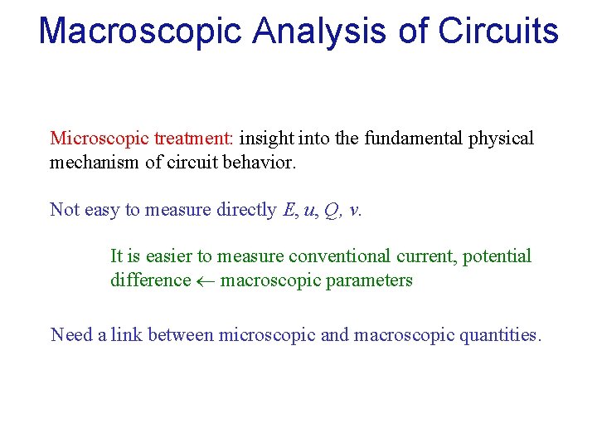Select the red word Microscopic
point(90,139)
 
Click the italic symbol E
point(289,209)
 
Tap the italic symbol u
point(310,210)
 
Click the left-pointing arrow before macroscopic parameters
point(206,280)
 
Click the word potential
point(497,256)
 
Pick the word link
point(127,335)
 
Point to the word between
point(180,335)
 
